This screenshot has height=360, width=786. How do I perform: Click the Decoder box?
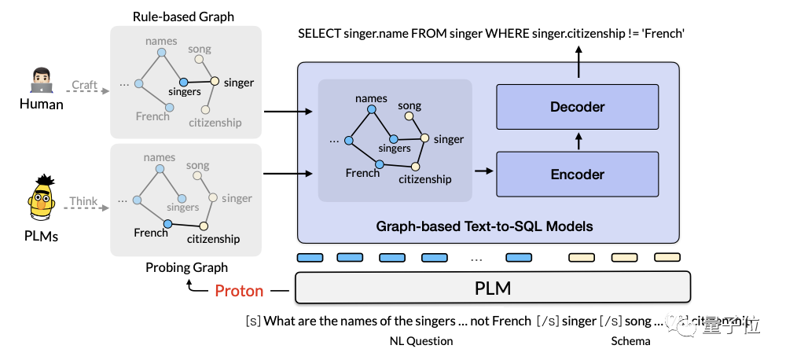click(x=578, y=105)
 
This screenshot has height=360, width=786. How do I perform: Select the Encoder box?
click(x=578, y=174)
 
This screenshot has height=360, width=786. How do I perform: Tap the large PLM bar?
click(x=492, y=288)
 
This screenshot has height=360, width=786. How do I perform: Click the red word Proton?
click(x=239, y=291)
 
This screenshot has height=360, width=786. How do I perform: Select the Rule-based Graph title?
click(x=183, y=17)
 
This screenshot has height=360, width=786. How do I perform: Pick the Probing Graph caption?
click(x=186, y=267)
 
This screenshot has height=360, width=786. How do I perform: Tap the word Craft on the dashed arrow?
click(x=84, y=85)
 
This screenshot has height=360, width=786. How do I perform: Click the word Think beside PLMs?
click(x=83, y=201)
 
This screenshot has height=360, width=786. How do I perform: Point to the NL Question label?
click(x=421, y=341)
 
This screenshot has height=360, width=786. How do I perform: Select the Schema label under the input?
click(x=630, y=341)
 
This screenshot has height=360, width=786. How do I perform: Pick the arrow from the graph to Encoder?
click(x=483, y=171)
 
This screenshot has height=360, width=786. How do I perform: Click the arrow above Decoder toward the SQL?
click(x=578, y=61)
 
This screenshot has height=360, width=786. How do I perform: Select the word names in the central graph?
click(x=371, y=98)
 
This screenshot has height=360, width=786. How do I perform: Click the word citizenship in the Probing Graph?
click(x=213, y=239)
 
